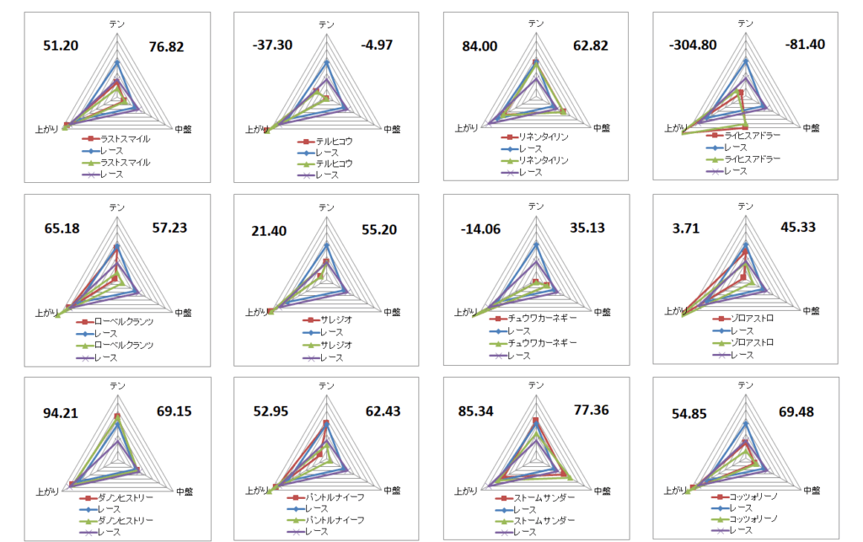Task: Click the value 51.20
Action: click(x=61, y=45)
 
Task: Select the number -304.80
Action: click(x=694, y=45)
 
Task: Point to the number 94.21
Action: click(x=61, y=412)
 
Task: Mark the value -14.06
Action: click(x=483, y=229)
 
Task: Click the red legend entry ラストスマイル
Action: click(x=125, y=139)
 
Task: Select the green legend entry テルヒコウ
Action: click(x=335, y=164)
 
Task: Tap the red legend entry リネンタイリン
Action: click(x=544, y=137)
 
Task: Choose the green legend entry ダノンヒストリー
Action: click(x=126, y=521)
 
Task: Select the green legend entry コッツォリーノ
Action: click(x=753, y=518)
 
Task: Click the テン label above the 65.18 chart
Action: click(x=116, y=207)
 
